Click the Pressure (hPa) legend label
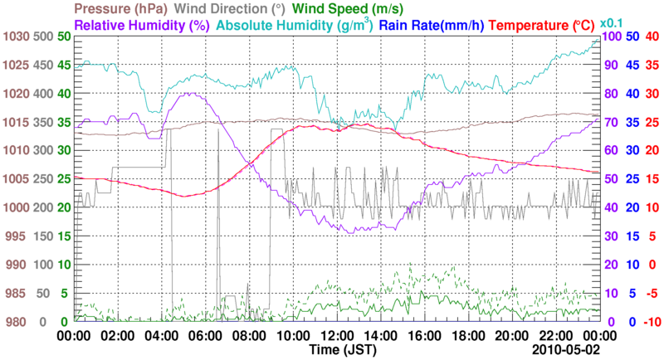pyautogui.click(x=123, y=9)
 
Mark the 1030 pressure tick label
pyautogui.click(x=15, y=36)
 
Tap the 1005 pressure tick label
pyautogui.click(x=15, y=179)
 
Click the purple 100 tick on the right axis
pyautogui.click(x=613, y=36)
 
